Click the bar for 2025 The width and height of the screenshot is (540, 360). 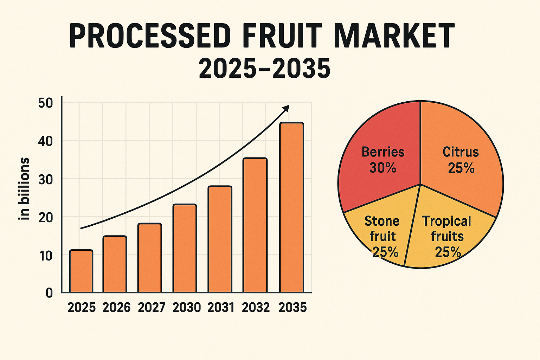point(81,271)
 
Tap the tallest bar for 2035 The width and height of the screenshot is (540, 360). point(291,207)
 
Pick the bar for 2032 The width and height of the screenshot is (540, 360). point(255,225)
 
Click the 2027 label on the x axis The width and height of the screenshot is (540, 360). point(151,308)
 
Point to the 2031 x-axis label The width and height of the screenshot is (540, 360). point(220,308)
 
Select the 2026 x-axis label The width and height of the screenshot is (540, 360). point(116,308)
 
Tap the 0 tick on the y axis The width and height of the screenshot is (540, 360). point(49,292)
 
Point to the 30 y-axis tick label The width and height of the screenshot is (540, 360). point(46,179)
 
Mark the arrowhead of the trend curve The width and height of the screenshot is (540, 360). point(286,108)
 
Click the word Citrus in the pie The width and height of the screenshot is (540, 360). point(461,152)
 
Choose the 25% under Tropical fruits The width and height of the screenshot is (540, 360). point(448,252)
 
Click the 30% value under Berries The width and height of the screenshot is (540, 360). point(383,168)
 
